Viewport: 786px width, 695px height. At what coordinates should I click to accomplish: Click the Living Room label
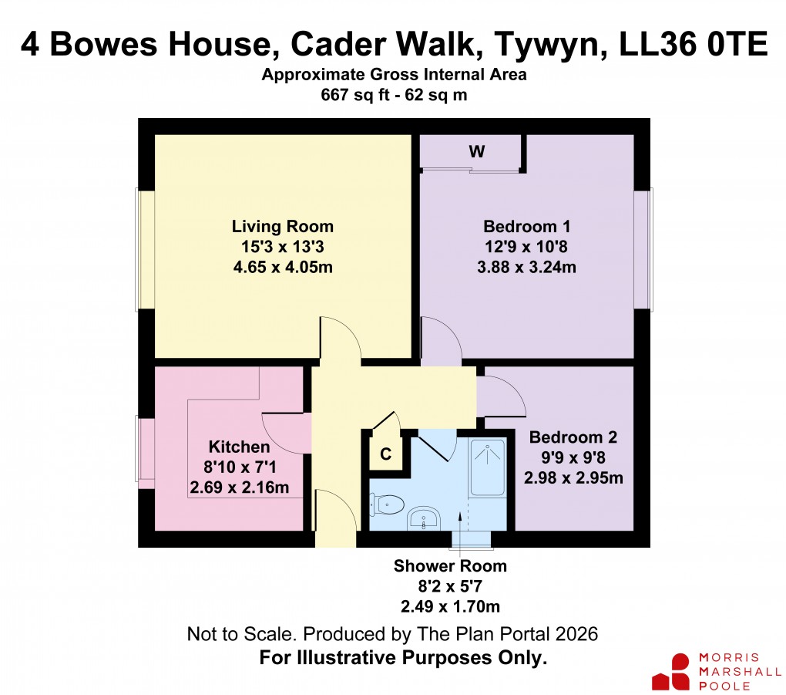tap(282, 227)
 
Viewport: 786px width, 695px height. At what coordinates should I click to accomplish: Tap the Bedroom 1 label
tap(526, 227)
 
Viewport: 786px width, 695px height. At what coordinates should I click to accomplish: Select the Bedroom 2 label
tap(573, 437)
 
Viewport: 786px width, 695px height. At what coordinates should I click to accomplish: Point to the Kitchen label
tap(239, 447)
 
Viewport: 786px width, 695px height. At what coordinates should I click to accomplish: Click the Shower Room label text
tap(450, 566)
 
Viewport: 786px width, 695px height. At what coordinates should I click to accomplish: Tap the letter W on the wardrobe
tap(477, 152)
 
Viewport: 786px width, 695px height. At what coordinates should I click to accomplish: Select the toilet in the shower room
tap(388, 504)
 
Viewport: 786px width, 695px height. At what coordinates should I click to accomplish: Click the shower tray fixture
tap(487, 467)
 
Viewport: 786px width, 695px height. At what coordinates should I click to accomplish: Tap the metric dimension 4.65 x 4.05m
tap(282, 267)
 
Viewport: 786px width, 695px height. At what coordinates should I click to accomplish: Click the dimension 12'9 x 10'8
tap(526, 248)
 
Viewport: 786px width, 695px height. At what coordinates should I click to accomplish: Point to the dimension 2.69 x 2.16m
tap(239, 488)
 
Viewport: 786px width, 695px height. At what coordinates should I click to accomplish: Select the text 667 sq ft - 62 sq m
tap(393, 95)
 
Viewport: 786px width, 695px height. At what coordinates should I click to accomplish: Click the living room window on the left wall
tap(146, 250)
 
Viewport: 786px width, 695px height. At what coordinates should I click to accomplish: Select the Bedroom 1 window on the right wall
tap(643, 250)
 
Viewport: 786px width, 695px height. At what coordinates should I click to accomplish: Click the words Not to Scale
tap(240, 635)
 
